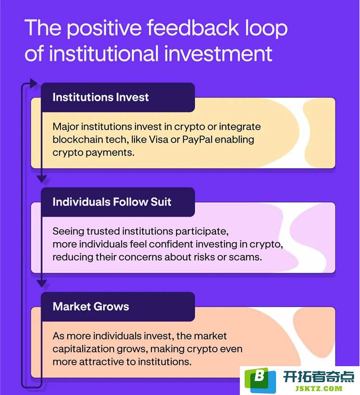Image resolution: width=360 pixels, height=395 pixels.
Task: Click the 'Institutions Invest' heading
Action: coord(100,97)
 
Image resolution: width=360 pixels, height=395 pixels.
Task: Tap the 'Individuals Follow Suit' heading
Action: coord(112,202)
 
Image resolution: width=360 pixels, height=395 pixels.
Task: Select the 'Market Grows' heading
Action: coord(91,307)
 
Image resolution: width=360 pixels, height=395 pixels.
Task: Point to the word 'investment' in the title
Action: coord(218,53)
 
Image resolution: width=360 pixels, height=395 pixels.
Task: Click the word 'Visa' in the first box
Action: coord(159,139)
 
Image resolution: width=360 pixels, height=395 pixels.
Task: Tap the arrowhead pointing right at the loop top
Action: coord(34,83)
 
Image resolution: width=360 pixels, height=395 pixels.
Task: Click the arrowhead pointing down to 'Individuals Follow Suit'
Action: coord(42,179)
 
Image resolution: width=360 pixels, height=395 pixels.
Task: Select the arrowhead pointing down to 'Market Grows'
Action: coord(42,284)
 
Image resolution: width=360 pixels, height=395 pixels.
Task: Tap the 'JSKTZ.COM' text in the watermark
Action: coord(319,389)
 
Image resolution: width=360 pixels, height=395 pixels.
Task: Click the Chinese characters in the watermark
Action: coord(319,377)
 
